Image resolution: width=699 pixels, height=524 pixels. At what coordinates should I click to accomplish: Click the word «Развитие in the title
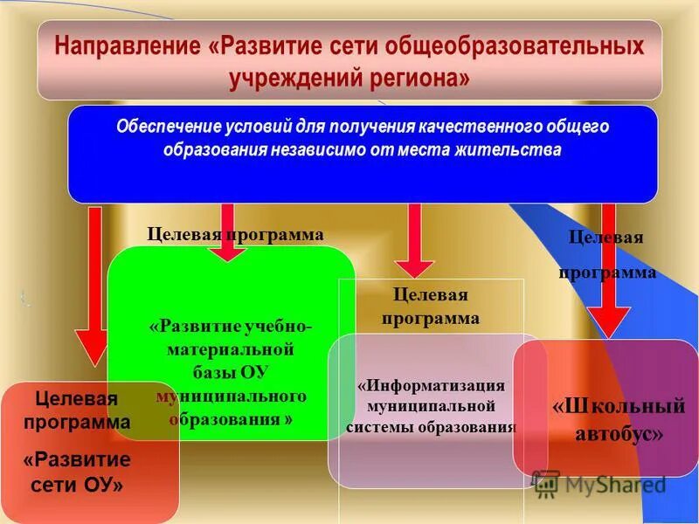click(269, 46)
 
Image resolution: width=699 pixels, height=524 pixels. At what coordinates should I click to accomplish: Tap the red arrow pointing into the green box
click(228, 231)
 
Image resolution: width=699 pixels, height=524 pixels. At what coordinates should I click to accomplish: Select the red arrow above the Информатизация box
click(413, 240)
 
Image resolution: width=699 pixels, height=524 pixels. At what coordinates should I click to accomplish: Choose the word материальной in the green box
click(230, 349)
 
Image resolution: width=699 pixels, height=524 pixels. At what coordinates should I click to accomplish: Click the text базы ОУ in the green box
click(230, 373)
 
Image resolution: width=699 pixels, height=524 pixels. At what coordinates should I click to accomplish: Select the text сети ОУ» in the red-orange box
click(77, 485)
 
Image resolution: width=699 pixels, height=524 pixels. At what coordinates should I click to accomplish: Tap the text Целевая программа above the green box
click(235, 235)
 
